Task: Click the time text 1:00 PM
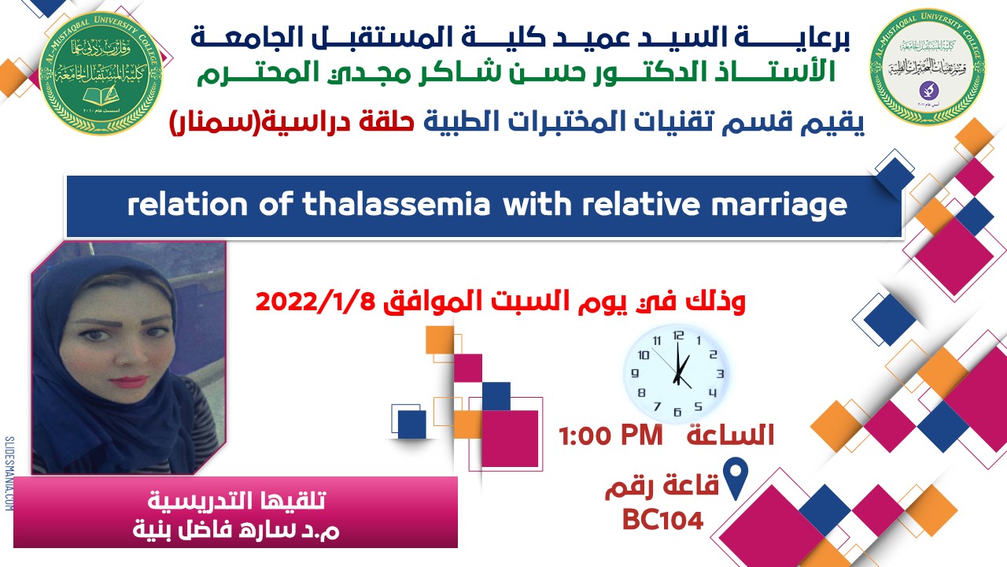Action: pyautogui.click(x=610, y=435)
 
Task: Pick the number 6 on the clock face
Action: pyautogui.click(x=677, y=409)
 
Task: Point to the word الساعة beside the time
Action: pyautogui.click(x=731, y=435)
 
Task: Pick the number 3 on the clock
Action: pyautogui.click(x=719, y=373)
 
